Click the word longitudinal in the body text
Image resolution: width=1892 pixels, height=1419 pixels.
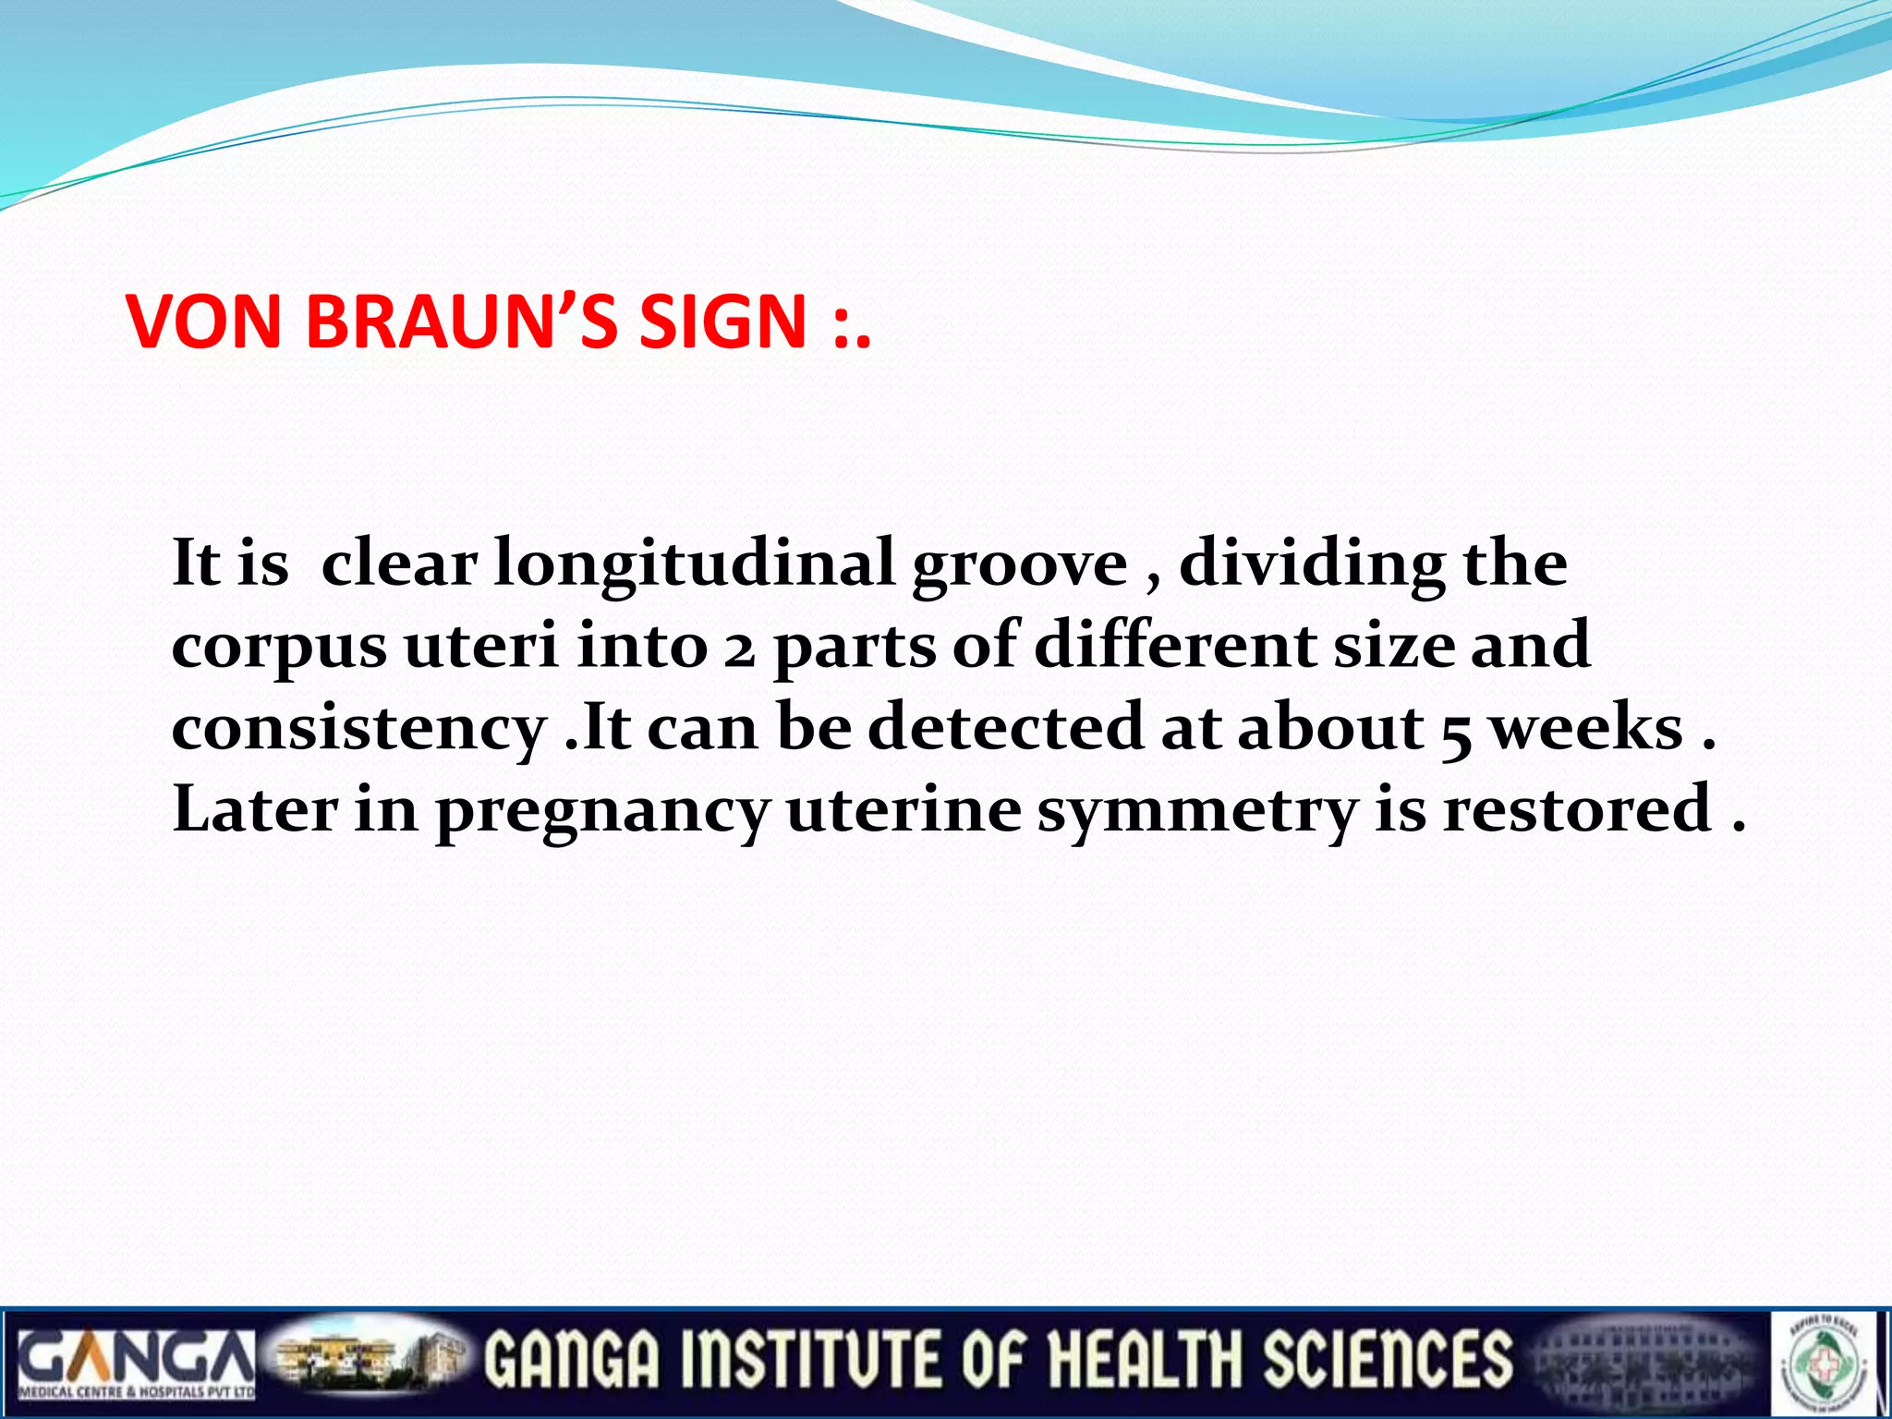694,564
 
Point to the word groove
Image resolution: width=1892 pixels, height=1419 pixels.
1019,564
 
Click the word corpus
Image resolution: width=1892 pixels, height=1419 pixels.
279,647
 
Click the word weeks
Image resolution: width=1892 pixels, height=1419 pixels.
1587,727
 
